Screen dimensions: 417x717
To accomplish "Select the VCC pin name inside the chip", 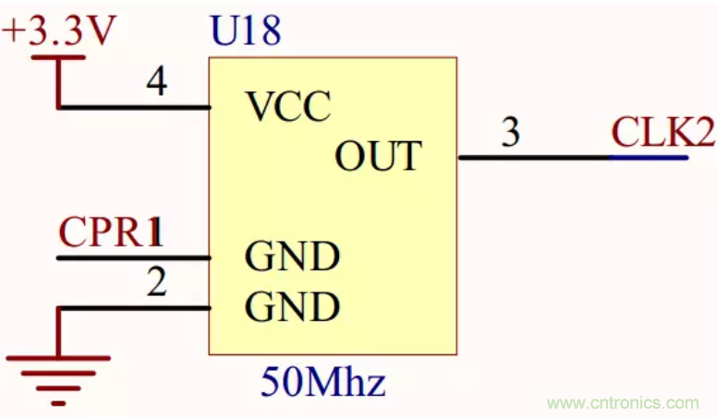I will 288,108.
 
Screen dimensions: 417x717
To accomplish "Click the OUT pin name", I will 377,156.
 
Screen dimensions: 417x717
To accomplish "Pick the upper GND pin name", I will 292,256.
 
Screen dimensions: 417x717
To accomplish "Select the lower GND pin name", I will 292,307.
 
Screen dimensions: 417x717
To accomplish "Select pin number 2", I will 157,282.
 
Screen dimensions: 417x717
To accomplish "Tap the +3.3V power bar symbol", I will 58,57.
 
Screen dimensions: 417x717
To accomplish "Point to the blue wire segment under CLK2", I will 649,157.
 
